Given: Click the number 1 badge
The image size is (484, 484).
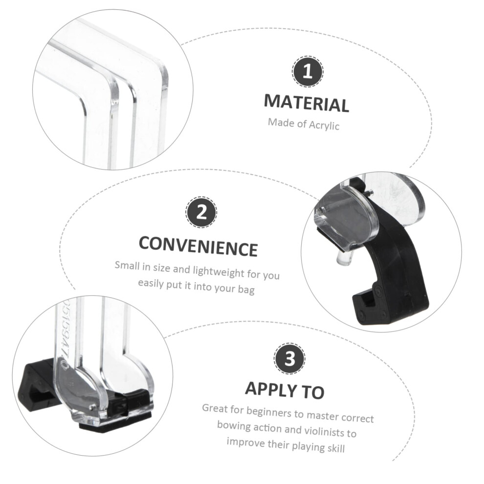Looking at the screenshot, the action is point(308,71).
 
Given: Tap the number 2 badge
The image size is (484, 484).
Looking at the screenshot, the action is point(201,212).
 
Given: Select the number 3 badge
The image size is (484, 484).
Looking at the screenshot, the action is point(289,359).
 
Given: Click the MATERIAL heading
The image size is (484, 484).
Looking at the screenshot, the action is point(307,103).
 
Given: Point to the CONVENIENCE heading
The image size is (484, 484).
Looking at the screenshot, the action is point(198,246).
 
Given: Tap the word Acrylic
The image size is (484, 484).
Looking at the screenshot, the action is point(324,125).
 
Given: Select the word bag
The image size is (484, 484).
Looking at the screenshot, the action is point(246,290).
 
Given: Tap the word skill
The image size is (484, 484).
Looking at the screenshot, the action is point(336,448).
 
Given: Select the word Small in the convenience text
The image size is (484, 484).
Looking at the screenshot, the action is point(127,265).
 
